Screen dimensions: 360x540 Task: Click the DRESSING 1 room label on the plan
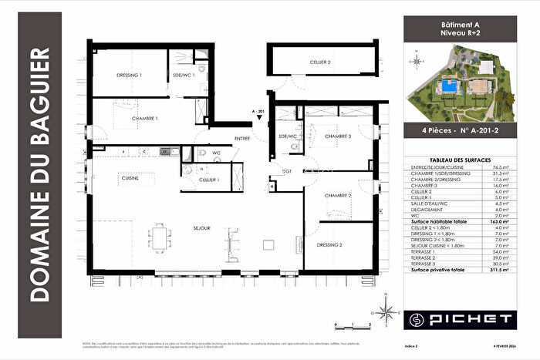pos(129,76)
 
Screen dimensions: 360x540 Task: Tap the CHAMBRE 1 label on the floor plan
pos(144,119)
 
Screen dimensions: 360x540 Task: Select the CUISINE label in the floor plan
pos(130,178)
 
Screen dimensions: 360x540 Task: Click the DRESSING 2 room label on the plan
pos(329,244)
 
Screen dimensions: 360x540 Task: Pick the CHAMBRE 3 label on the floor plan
pos(337,136)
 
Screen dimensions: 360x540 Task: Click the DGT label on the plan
pos(286,170)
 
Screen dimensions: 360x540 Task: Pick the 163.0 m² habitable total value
pos(501,220)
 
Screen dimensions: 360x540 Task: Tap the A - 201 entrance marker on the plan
pos(258,111)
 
